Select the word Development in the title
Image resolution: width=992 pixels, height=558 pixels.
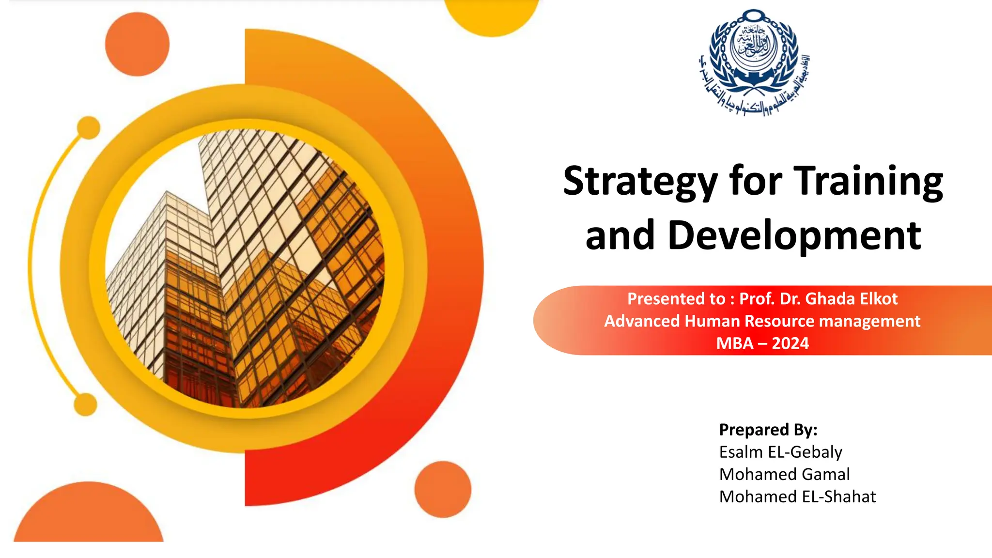coord(794,236)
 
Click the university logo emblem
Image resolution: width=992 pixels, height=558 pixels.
coord(754,62)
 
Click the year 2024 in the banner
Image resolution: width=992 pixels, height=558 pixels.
coord(790,343)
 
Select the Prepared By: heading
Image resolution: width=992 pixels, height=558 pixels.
coord(768,430)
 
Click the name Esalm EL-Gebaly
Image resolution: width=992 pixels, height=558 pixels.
coord(780,452)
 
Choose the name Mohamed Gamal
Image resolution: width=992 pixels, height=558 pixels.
coord(784,474)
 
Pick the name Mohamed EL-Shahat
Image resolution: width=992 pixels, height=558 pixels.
coord(797,496)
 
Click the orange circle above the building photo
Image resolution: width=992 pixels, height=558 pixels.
coord(138,44)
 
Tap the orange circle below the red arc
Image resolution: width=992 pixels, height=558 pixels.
coord(443,489)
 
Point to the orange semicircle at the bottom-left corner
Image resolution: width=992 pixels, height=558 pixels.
coord(89,516)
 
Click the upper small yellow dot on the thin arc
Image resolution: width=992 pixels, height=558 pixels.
coord(89,128)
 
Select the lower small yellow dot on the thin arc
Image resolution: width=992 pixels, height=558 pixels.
coord(86,404)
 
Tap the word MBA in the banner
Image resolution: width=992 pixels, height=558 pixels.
coord(735,343)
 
